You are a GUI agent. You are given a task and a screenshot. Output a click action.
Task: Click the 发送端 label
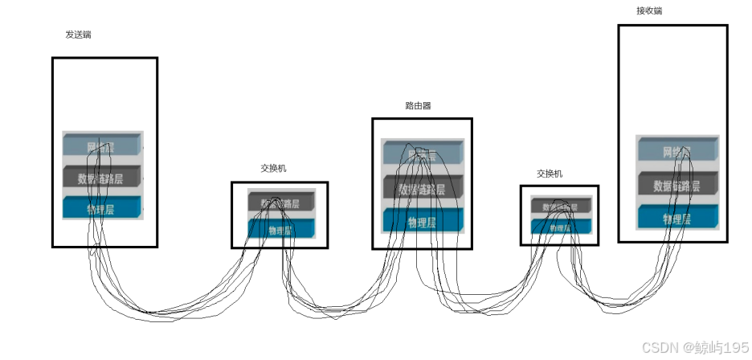tap(78, 35)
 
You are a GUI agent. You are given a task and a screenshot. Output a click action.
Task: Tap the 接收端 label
tap(649, 11)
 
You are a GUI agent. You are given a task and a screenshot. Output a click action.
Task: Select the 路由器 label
tap(418, 105)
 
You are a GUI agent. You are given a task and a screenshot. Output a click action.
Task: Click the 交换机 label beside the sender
tap(273, 169)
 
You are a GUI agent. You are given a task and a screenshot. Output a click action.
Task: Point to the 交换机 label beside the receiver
tap(550, 174)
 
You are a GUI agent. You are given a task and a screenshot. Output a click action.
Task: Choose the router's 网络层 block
tap(422, 155)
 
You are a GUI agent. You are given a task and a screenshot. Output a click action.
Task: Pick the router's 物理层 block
tap(422, 222)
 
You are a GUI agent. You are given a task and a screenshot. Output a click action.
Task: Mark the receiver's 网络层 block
tap(676, 151)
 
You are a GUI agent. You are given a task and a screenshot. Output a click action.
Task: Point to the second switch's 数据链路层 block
tap(560, 207)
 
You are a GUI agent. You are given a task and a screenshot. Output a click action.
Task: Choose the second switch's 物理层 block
tap(560, 228)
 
